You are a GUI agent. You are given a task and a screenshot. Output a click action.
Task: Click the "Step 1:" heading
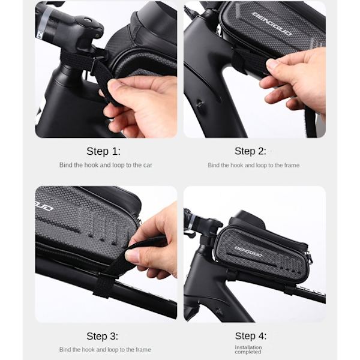[x=103, y=151]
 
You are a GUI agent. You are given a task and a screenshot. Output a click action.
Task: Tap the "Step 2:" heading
[x=250, y=151]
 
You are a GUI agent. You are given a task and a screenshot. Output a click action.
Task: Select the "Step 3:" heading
[x=102, y=336]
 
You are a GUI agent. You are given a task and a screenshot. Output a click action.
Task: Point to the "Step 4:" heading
[x=250, y=336]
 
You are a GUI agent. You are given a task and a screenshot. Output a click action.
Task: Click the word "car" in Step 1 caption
[x=148, y=165]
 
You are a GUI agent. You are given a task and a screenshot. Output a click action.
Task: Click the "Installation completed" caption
[x=248, y=350]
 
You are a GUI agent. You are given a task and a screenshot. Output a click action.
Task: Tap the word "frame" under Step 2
[x=291, y=166]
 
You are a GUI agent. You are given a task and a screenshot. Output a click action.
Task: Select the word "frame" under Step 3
[x=143, y=350]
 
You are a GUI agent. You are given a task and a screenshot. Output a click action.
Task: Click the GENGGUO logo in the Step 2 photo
[x=272, y=24]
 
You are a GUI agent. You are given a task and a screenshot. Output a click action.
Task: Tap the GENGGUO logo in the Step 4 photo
[x=248, y=251]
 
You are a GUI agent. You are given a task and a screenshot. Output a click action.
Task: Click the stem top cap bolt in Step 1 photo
[x=87, y=20]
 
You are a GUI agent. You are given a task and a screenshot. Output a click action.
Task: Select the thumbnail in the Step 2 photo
[x=273, y=64]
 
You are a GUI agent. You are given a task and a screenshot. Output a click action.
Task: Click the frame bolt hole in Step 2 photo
[x=200, y=104]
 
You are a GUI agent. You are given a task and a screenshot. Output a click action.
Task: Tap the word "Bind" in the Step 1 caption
[x=65, y=165]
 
